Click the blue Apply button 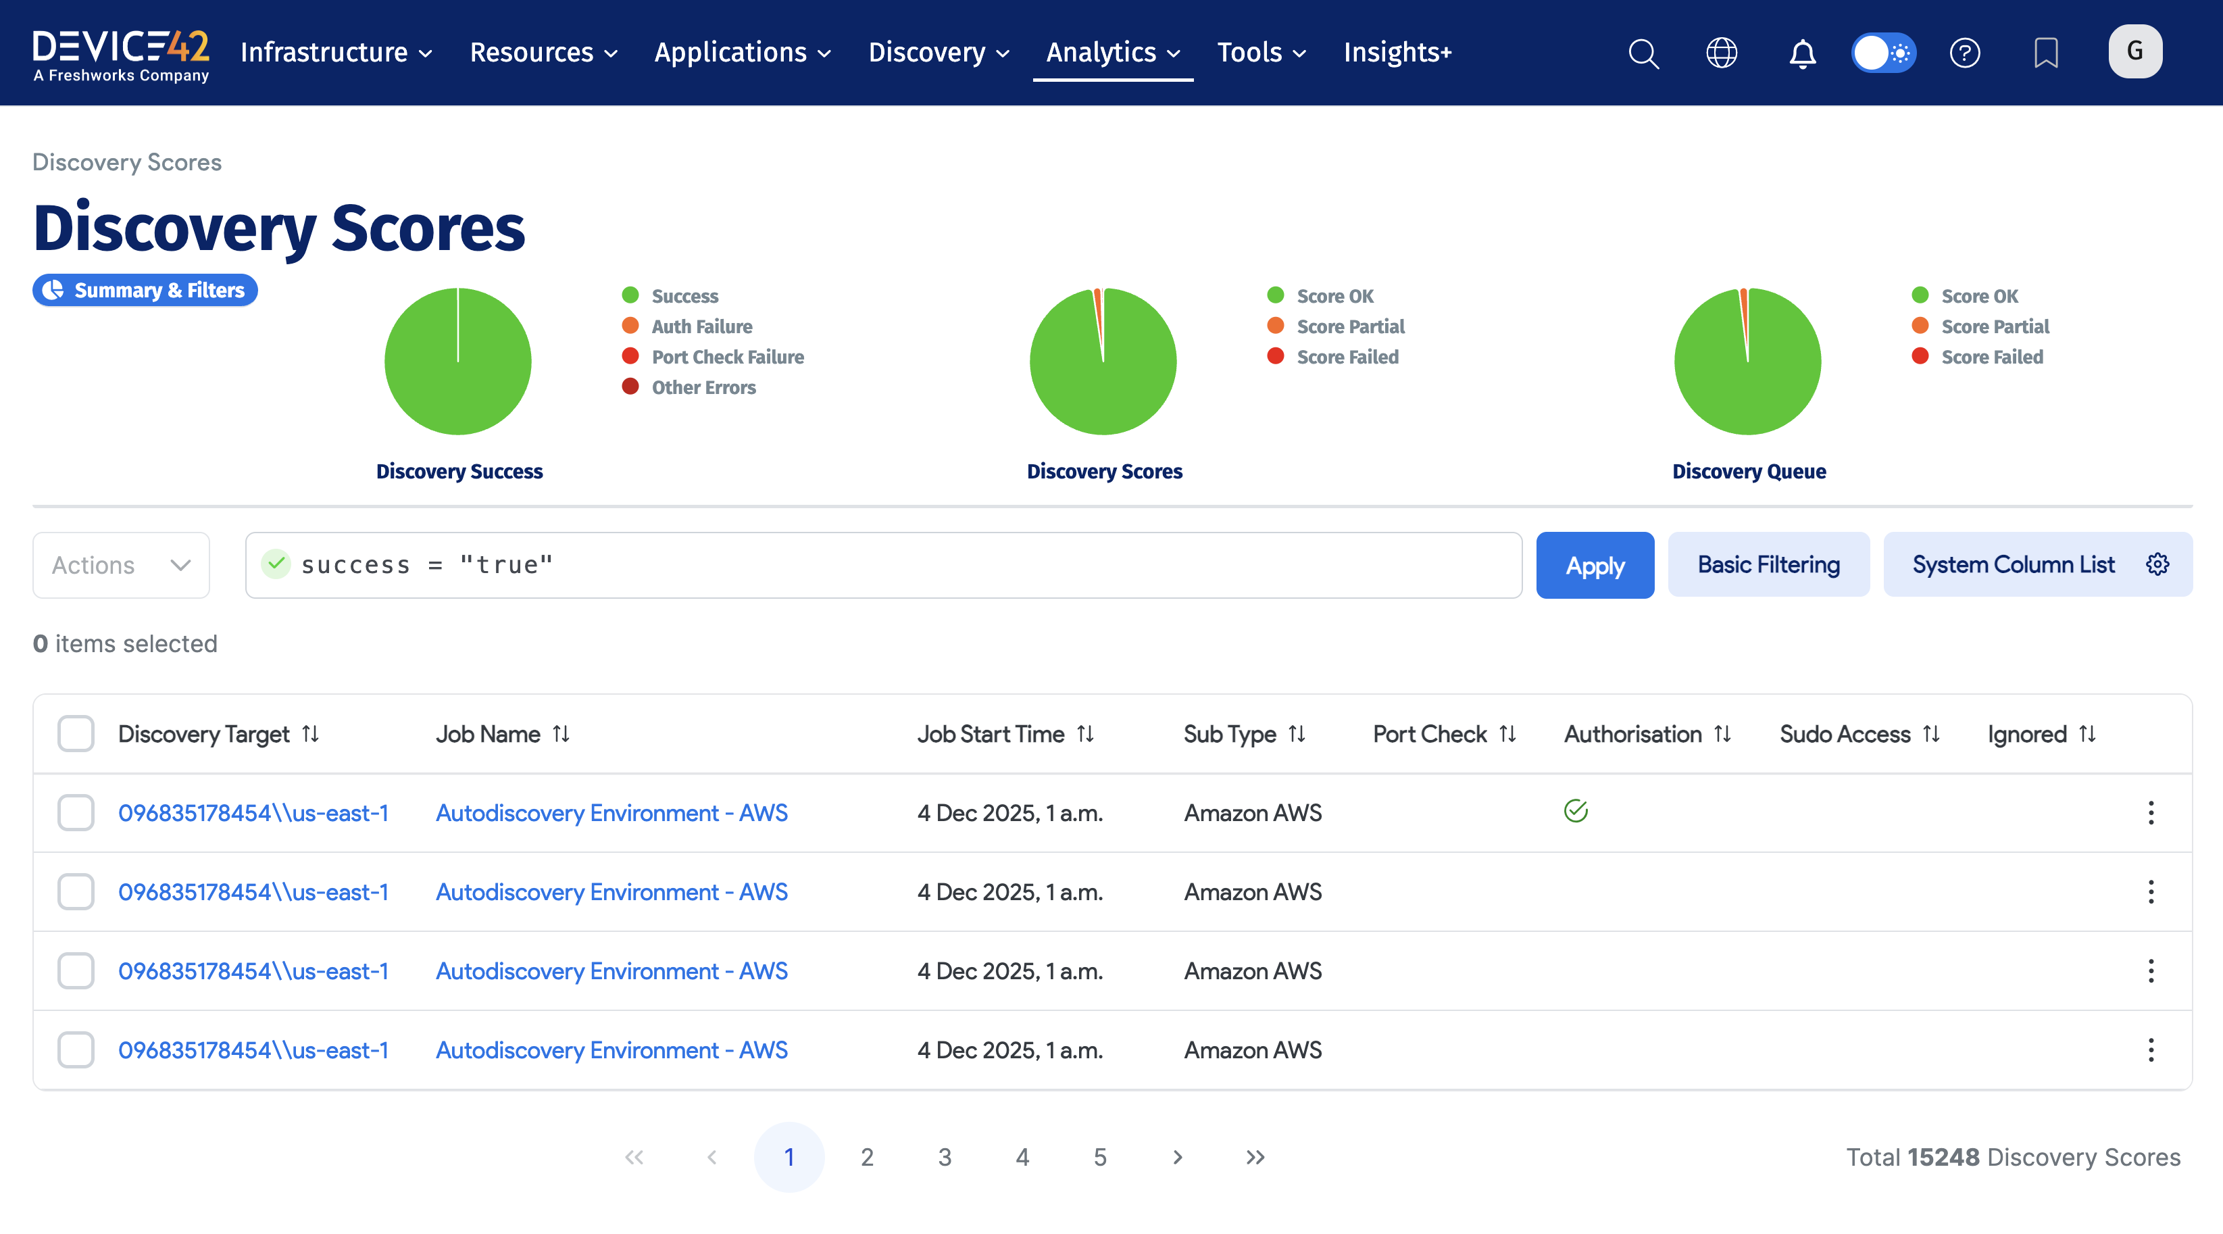click(x=1594, y=565)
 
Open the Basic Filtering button click(x=1768, y=565)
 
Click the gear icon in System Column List click(x=2157, y=564)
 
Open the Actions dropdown click(x=121, y=565)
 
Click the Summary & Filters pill click(x=145, y=290)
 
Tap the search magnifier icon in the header click(x=1643, y=53)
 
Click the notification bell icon click(x=1802, y=53)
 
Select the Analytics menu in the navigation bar click(x=1111, y=53)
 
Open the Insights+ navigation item click(x=1397, y=53)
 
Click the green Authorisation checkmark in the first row click(x=1575, y=811)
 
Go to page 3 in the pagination click(x=944, y=1157)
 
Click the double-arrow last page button click(x=1255, y=1157)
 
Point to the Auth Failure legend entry click(x=701, y=326)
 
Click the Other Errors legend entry click(x=703, y=387)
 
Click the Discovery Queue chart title click(x=1749, y=471)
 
